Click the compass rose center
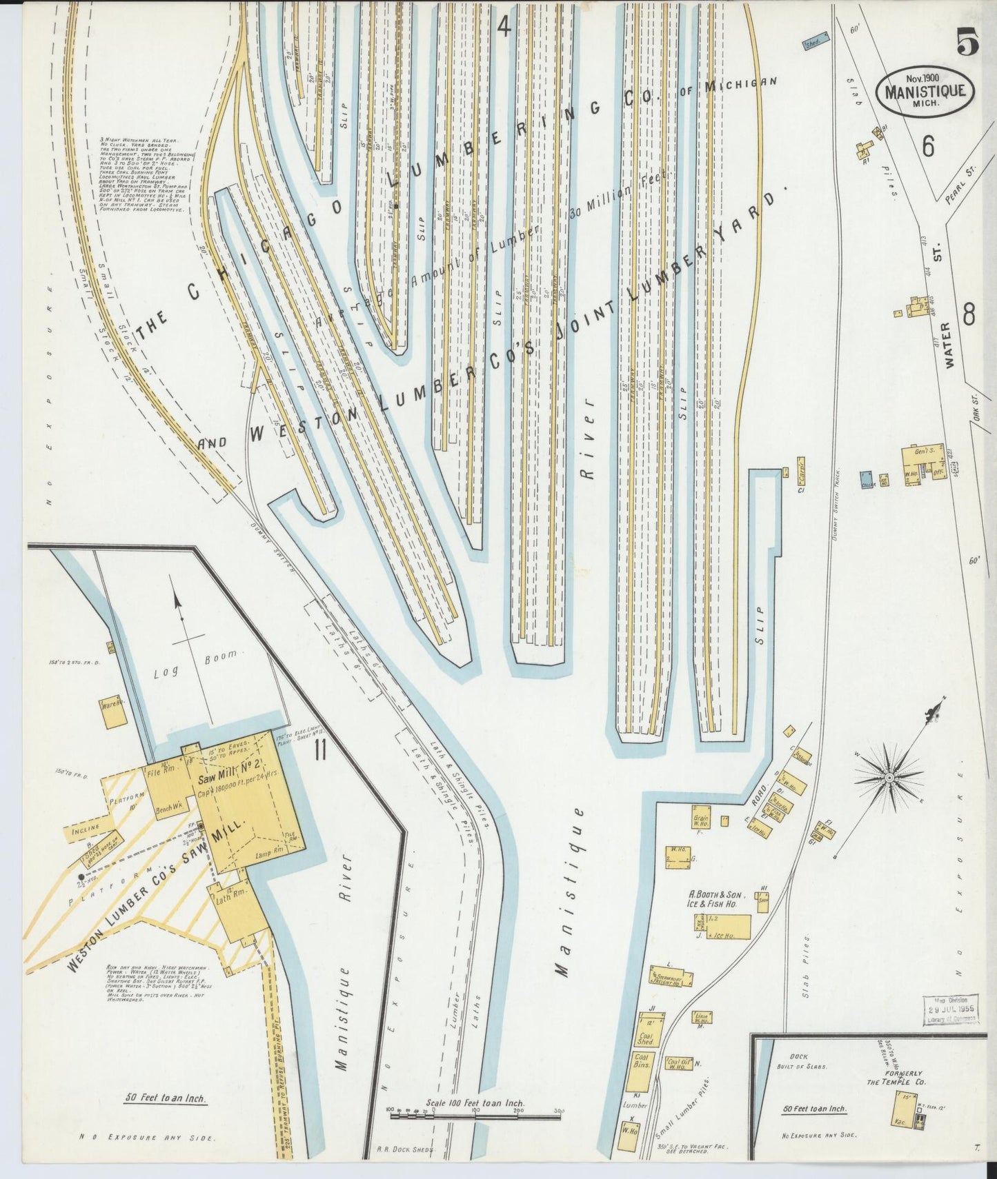pos(889,778)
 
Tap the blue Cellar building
pos(867,479)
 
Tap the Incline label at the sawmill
pos(84,827)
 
